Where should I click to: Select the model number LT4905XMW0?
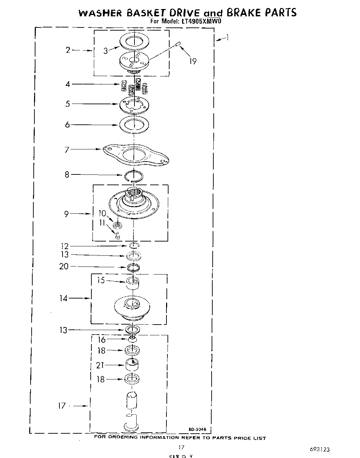[x=201, y=22]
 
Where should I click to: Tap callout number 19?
[x=193, y=62]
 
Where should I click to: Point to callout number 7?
[x=67, y=150]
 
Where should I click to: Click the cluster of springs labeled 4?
[x=134, y=87]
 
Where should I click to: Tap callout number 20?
[x=64, y=267]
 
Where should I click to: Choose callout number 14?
[x=63, y=298]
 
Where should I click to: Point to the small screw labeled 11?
[x=117, y=236]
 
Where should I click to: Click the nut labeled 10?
[x=117, y=226]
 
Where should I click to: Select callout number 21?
[x=100, y=365]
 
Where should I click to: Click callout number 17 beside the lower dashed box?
[x=62, y=406]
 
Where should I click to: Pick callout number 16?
[x=101, y=340]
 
